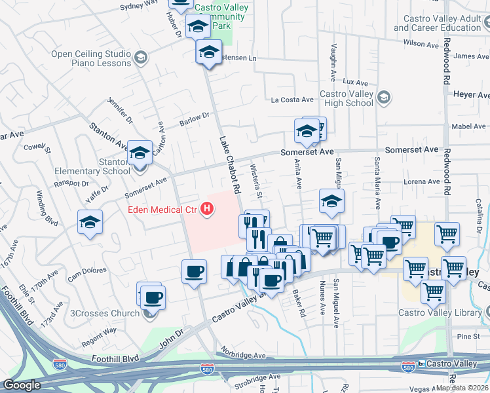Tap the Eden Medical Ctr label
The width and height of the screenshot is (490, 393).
pyautogui.click(x=164, y=210)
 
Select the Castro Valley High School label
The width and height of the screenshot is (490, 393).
pyautogui.click(x=346, y=99)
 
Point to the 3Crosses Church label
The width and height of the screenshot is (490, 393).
pyautogui.click(x=105, y=313)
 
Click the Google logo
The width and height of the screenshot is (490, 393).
pyautogui.click(x=22, y=385)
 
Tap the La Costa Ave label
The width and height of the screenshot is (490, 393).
pyautogui.click(x=293, y=100)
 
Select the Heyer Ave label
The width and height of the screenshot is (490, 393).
pyautogui.click(x=471, y=95)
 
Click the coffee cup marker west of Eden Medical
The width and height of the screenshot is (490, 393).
pyautogui.click(x=194, y=271)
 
